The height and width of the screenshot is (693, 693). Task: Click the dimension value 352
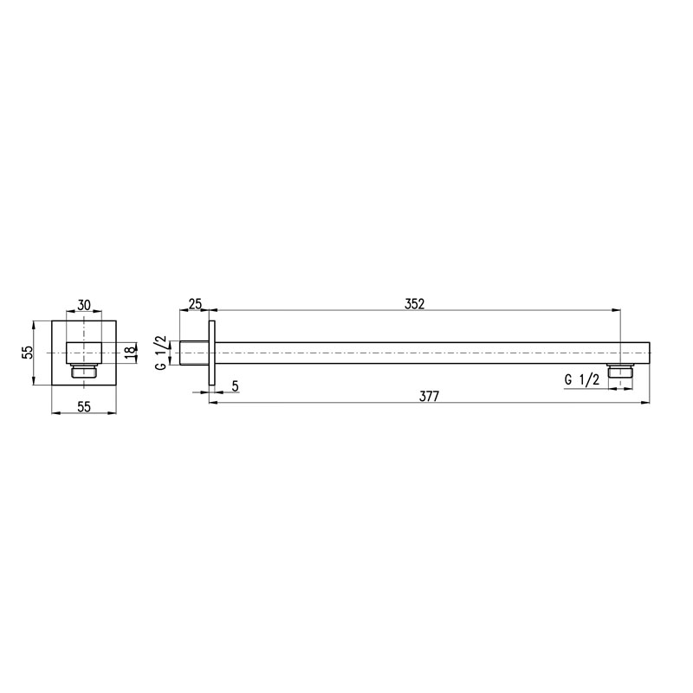point(414,304)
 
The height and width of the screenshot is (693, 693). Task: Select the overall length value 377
point(429,397)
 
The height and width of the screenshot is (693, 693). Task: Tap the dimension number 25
point(195,304)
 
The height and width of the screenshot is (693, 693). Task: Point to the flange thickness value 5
point(235,385)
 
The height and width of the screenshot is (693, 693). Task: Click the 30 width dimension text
point(84,305)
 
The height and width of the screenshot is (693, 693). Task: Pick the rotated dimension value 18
point(130,353)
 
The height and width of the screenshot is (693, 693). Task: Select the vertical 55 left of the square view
point(28,353)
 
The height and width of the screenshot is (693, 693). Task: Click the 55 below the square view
point(84,406)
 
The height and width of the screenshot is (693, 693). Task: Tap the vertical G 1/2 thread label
point(161,353)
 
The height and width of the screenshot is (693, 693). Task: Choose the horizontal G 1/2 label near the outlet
point(582,379)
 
